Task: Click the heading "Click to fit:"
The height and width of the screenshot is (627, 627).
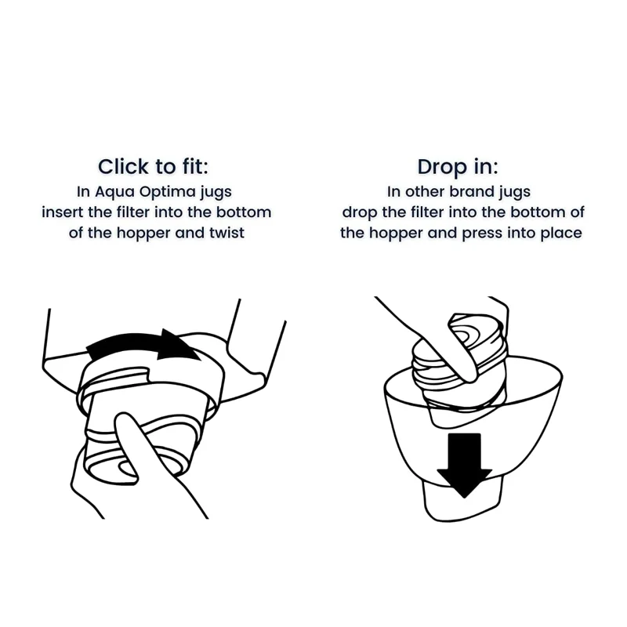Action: pyautogui.click(x=153, y=166)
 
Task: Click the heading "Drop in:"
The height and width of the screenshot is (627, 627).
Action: pyautogui.click(x=458, y=166)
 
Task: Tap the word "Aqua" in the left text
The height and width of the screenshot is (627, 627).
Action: pyautogui.click(x=114, y=192)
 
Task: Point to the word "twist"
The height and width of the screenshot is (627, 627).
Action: pyautogui.click(x=227, y=233)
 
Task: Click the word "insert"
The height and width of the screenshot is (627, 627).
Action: pyautogui.click(x=63, y=212)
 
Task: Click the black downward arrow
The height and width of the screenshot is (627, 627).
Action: pyautogui.click(x=464, y=466)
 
